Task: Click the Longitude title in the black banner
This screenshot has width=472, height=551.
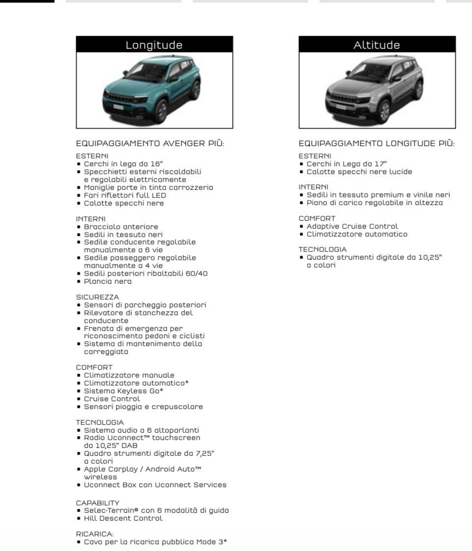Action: coord(154,45)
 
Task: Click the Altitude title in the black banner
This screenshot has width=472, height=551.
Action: coord(377,45)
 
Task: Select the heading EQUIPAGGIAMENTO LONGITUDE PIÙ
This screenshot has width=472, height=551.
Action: coord(377,144)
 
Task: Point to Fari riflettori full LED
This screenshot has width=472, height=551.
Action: coord(125,195)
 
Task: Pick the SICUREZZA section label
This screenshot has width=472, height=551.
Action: coord(97,297)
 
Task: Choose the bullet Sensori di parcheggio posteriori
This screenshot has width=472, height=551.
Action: coord(145,305)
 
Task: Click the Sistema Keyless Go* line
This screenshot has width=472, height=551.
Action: coord(123,391)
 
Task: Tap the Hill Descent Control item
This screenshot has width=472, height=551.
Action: coord(123,518)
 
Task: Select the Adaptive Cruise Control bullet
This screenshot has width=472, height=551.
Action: coord(352,226)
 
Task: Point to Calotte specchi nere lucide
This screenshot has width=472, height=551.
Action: coord(359,172)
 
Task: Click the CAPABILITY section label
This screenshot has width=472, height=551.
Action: coord(97,502)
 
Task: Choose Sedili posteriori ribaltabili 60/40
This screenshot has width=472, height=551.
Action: coord(146,273)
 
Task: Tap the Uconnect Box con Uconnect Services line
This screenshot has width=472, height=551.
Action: coord(155,485)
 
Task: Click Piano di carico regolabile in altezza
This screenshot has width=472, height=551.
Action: coord(375,203)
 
